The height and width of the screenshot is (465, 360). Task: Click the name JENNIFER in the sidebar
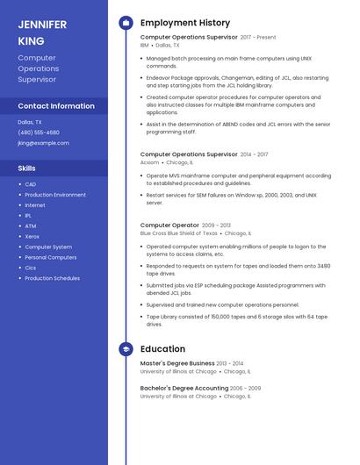coord(42,25)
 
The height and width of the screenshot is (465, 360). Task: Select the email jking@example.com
coord(43,143)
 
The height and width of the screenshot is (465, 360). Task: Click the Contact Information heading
coord(56,106)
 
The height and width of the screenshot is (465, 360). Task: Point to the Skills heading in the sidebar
coord(27,168)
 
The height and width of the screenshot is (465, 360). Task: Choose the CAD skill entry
coord(31,184)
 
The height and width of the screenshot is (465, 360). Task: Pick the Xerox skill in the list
coord(32,237)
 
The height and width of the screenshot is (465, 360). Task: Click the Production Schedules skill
coord(52,278)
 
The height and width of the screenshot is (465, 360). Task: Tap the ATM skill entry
coord(31,226)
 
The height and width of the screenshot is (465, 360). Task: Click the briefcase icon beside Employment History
coord(126,23)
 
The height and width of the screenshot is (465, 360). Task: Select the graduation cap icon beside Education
coord(126,349)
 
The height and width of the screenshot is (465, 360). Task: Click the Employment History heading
coord(185,23)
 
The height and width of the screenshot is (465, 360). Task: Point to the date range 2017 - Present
coord(257,38)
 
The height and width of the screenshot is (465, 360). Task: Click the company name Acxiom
coord(149,162)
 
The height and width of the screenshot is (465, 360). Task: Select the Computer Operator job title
coord(169,225)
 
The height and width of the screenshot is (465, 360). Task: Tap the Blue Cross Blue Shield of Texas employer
coord(178,233)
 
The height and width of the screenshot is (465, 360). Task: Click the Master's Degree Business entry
coord(177,363)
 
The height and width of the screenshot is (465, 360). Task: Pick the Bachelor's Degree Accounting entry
coord(184,388)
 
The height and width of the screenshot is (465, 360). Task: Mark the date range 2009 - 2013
coord(216,225)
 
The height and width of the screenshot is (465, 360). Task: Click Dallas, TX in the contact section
coord(30,122)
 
